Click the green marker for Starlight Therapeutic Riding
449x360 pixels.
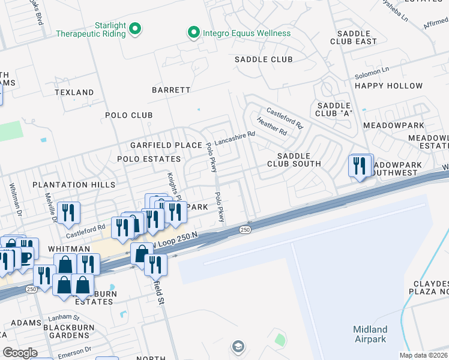click(x=136, y=28)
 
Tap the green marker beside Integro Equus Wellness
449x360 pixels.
click(x=193, y=33)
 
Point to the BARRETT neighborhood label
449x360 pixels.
click(x=171, y=90)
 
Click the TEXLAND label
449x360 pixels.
click(x=74, y=92)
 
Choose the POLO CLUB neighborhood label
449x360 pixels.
click(x=128, y=115)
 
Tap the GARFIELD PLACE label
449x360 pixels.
click(x=158, y=145)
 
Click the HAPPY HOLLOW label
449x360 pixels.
click(x=388, y=86)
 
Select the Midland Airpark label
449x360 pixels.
click(x=370, y=334)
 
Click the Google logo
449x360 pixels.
click(x=20, y=353)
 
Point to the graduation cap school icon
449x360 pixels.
click(x=238, y=346)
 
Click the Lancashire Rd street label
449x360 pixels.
click(x=235, y=139)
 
